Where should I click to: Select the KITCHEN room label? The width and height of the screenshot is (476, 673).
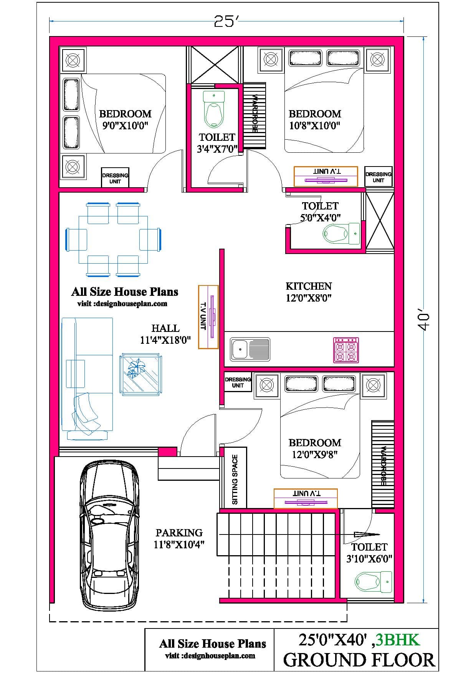(309, 292)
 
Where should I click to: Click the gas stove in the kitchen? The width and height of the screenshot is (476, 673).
(346, 350)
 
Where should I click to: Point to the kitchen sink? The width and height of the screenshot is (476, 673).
(250, 349)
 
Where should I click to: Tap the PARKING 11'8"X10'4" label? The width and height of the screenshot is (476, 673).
(179, 538)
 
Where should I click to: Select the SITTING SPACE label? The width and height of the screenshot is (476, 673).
(235, 479)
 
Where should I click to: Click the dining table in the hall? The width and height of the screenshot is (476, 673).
(113, 240)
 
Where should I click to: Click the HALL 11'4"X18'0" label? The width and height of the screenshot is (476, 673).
(165, 334)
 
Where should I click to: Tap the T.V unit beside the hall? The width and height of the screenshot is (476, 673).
(208, 317)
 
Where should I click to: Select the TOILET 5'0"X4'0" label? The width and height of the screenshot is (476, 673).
(320, 211)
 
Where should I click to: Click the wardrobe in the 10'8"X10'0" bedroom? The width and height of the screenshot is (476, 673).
(254, 115)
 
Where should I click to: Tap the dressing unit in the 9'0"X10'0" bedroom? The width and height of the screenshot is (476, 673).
(115, 178)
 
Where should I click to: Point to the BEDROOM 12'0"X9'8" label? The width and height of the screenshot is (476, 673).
(315, 449)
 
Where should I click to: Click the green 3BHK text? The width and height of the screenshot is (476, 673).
(398, 640)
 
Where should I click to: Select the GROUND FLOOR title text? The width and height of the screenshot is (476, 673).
(359, 660)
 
